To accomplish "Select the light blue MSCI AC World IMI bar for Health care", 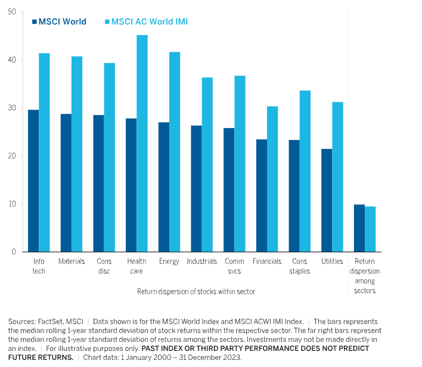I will [x=142, y=143].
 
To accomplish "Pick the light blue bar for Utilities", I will [x=337, y=176].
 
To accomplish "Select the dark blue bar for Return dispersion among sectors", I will [x=359, y=228].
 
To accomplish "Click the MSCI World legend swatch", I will [x=34, y=21].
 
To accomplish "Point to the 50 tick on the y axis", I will [x=12, y=12].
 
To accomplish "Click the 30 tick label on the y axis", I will [x=12, y=108].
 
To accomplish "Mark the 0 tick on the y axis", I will [x=14, y=252].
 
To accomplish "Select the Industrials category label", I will [x=201, y=262].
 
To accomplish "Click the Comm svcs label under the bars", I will [x=234, y=266].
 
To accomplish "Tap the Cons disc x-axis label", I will [x=104, y=266].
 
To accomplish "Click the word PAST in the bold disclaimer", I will [x=151, y=348].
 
